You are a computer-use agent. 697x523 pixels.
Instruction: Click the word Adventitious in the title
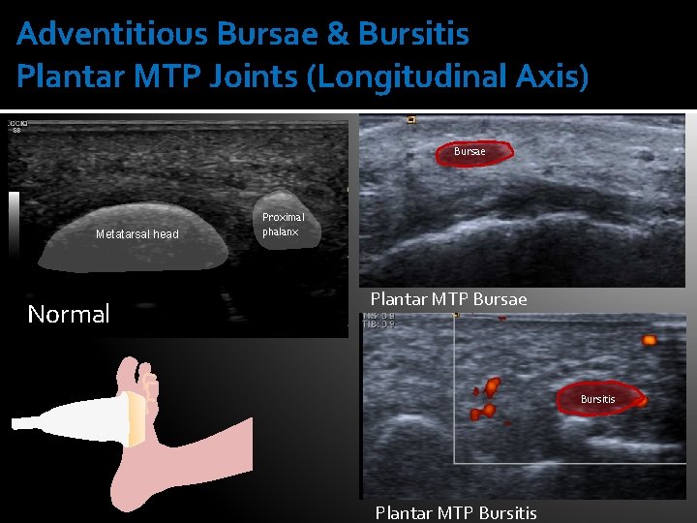(x=113, y=34)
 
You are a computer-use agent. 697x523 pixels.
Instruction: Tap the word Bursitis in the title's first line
(x=413, y=34)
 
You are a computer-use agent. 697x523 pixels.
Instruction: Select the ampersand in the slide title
(x=337, y=34)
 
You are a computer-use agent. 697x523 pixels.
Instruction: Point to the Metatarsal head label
(x=136, y=234)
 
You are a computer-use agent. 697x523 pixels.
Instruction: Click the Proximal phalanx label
(x=283, y=225)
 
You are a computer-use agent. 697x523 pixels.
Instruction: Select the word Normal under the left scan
(x=69, y=314)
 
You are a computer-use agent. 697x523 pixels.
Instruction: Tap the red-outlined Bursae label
(x=470, y=151)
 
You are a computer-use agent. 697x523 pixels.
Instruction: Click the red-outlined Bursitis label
(x=597, y=399)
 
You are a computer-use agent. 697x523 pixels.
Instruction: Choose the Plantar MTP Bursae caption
(x=448, y=299)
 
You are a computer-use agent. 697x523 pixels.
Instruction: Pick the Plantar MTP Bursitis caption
(x=456, y=512)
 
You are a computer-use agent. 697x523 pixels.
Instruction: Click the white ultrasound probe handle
(x=58, y=422)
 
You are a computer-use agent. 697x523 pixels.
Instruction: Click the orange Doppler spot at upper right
(x=649, y=340)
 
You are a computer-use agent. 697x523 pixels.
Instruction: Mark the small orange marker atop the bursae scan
(x=411, y=120)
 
